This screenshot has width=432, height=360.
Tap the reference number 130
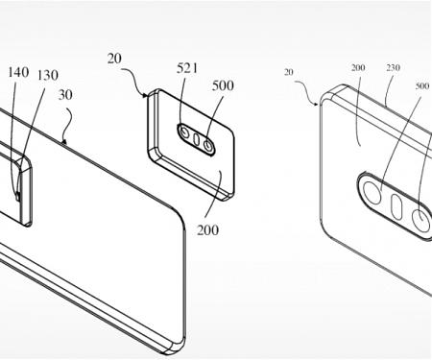(x=46, y=74)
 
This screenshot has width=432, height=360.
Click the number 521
(x=188, y=69)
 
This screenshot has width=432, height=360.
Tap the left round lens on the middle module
(x=182, y=132)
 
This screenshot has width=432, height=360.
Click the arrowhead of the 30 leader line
(x=61, y=143)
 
